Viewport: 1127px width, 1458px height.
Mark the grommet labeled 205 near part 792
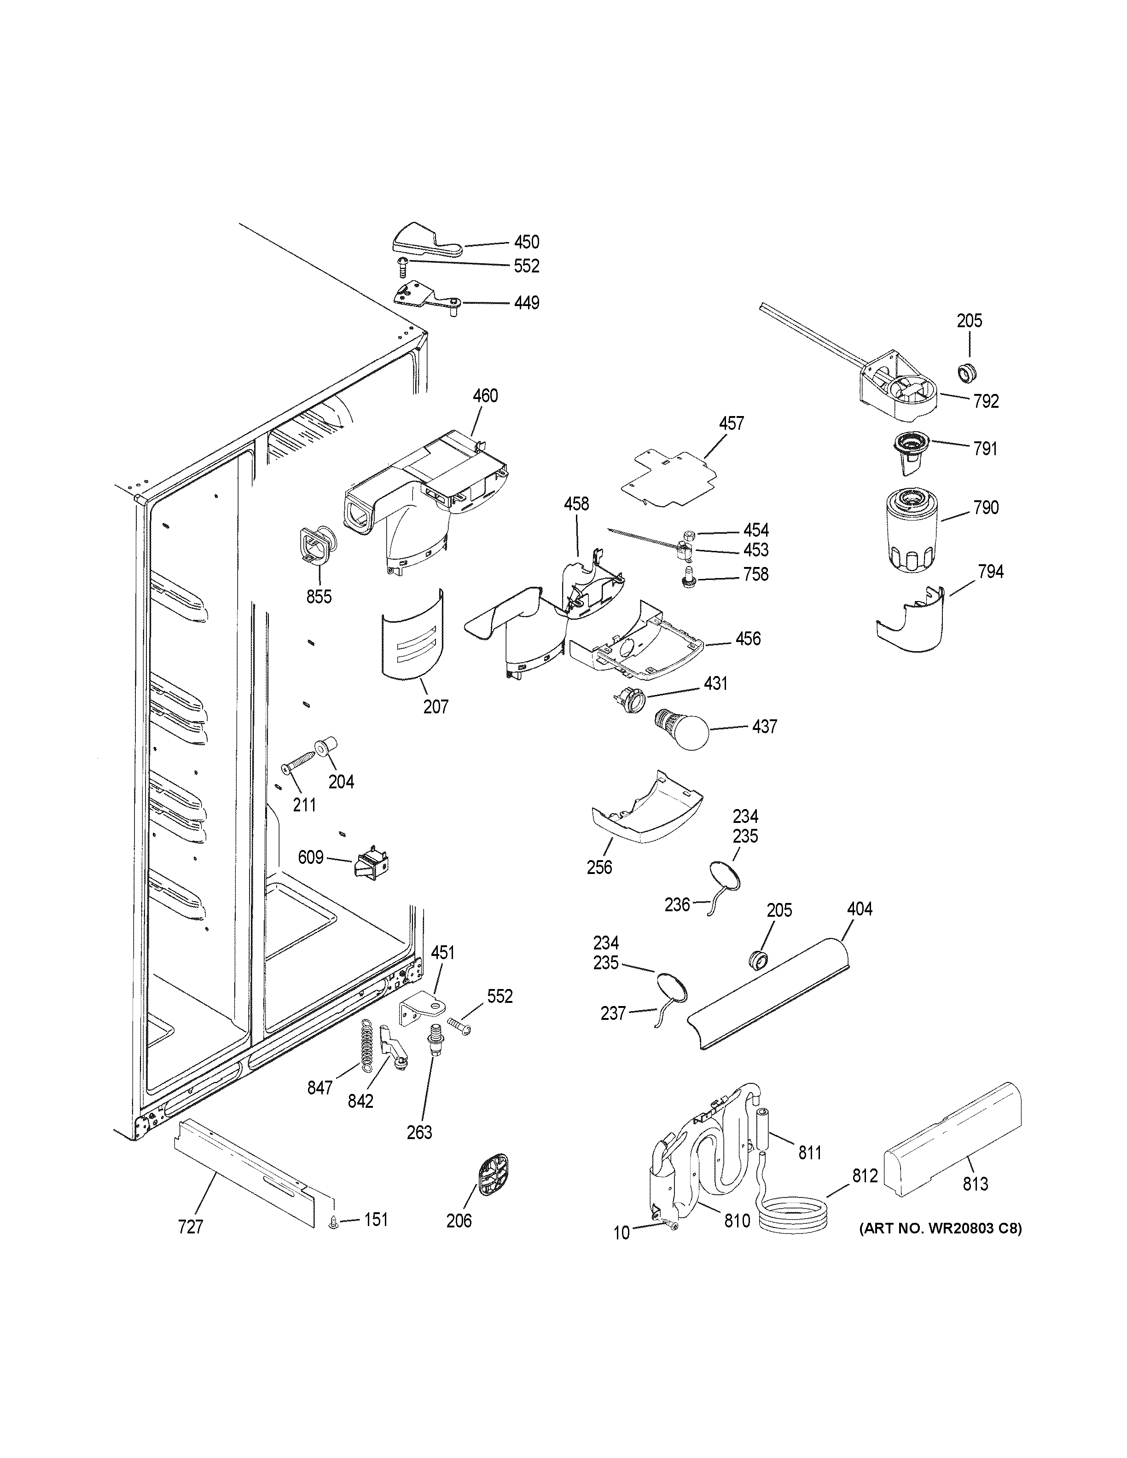(x=965, y=372)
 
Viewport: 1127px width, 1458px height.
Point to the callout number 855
(x=319, y=596)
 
